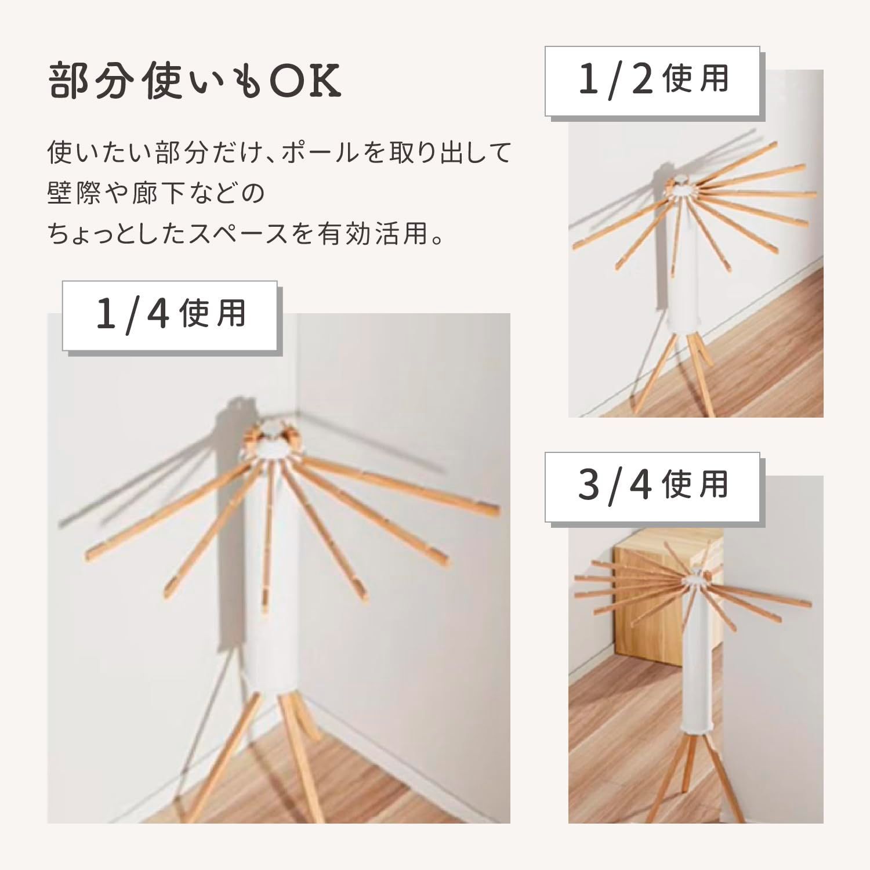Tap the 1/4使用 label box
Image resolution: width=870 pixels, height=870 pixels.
(170, 315)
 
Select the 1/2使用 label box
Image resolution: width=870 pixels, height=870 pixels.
(652, 81)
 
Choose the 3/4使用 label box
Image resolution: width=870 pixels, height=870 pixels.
(652, 486)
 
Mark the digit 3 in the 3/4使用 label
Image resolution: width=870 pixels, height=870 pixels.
(589, 486)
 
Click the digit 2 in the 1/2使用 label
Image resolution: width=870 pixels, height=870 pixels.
(641, 81)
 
